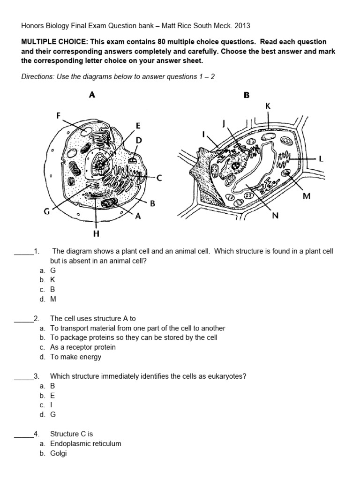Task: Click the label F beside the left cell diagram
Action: coord(59,115)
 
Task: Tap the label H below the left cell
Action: coord(96,233)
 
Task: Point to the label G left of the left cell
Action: coord(47,212)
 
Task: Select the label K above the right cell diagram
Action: coord(268,106)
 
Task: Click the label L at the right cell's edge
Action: coord(321,159)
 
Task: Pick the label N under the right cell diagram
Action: coord(275,216)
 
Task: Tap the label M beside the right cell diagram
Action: coord(307,196)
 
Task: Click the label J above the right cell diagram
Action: coord(224,123)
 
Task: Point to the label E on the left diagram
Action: coord(138,125)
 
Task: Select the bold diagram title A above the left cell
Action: coord(92,95)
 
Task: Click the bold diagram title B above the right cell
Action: coord(247,95)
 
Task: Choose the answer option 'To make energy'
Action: coord(75,357)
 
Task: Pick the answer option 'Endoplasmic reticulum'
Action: coord(85,443)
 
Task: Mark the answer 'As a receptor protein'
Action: coord(82,347)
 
